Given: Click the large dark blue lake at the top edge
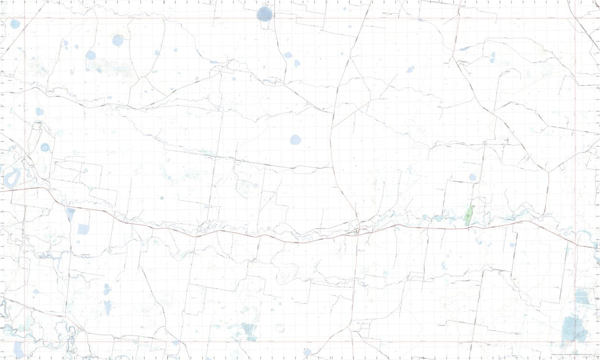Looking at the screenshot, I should tap(264, 14).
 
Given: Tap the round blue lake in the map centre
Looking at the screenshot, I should tap(295, 139).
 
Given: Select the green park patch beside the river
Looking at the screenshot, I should tap(468, 216).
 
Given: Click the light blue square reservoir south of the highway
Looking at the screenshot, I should tap(83, 229).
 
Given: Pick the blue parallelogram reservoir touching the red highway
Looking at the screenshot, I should tap(70, 214).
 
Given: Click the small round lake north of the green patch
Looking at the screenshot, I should tap(472, 177).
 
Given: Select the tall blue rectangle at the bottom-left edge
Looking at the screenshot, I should tap(18, 349).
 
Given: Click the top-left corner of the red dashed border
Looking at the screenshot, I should tap(24, 19).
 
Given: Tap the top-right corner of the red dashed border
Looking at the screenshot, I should tap(575, 19).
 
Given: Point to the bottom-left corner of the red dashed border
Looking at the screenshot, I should tap(24, 342).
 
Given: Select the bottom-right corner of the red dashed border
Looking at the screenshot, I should tap(575, 342).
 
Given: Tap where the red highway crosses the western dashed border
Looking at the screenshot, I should tap(24, 188).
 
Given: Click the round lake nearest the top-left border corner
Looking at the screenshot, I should tap(15, 23).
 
